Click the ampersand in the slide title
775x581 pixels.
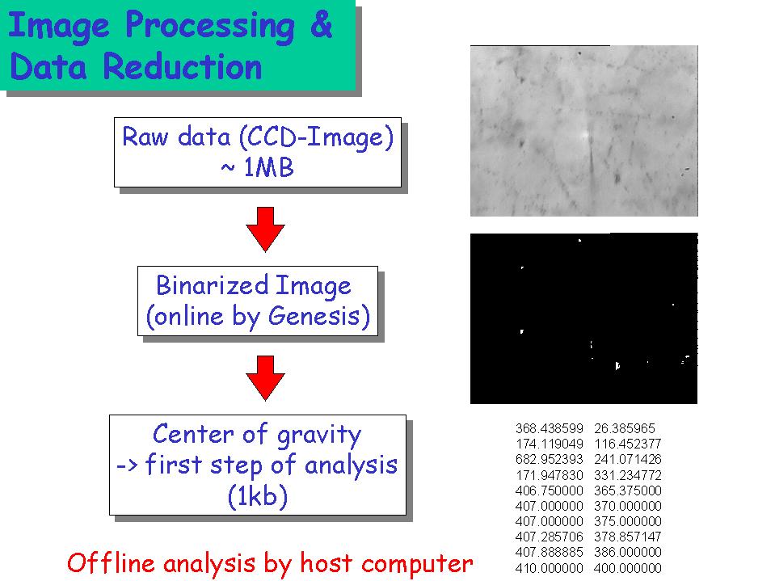pyautogui.click(x=321, y=25)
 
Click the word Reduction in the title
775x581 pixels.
pyautogui.click(x=183, y=66)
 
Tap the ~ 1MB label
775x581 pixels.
pyautogui.click(x=257, y=168)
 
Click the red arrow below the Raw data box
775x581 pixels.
pyautogui.click(x=265, y=229)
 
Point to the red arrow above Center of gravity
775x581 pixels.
pyautogui.click(x=265, y=377)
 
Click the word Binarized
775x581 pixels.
pyautogui.click(x=213, y=284)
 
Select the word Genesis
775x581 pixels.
pyautogui.click(x=315, y=316)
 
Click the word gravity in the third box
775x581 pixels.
pyautogui.click(x=318, y=436)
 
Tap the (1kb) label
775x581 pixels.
pyautogui.click(x=258, y=495)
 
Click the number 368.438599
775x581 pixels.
pyautogui.click(x=549, y=428)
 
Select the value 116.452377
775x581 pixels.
pyautogui.click(x=628, y=444)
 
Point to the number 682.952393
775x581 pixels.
pyautogui.click(x=549, y=459)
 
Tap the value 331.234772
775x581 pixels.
pyautogui.click(x=628, y=475)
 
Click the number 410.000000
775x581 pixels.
pyautogui.click(x=549, y=568)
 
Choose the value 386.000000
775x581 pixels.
pyautogui.click(x=628, y=552)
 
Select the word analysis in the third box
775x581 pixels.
pyautogui.click(x=351, y=465)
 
